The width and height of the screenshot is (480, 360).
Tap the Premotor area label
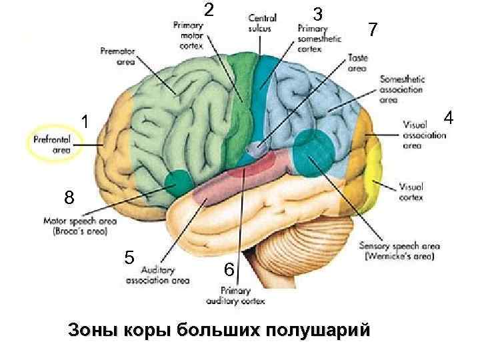point(118,56)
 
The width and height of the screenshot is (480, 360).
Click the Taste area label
point(357,63)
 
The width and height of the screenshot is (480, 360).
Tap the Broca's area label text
point(79,227)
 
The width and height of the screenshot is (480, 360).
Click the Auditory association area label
point(157,275)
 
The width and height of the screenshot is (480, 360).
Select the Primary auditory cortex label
point(243,296)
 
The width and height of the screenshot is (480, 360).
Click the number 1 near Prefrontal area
point(85,121)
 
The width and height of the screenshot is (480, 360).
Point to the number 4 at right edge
point(449,118)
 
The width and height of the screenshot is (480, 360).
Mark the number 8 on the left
point(71,198)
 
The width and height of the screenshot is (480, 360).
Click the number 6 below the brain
point(229,269)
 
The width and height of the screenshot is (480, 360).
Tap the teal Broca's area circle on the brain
point(178,183)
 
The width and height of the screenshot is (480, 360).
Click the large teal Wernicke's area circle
point(311,153)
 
